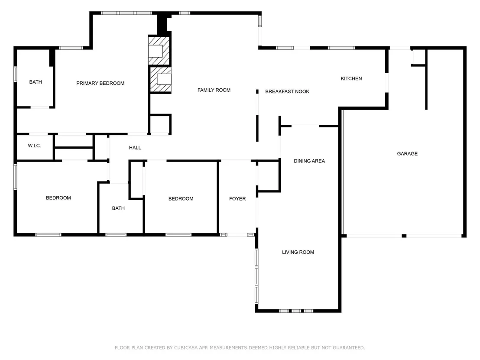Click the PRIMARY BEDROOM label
click(x=100, y=83)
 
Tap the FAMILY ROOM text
click(x=214, y=90)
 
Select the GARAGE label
click(x=407, y=154)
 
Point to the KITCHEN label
click(x=351, y=79)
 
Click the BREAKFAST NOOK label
click(x=287, y=91)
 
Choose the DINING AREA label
click(x=309, y=161)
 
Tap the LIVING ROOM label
click(x=298, y=252)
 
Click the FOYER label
click(x=237, y=199)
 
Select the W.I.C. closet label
click(x=34, y=146)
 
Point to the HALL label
click(x=135, y=148)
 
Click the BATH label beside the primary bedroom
click(x=36, y=82)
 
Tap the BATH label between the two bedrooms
click(x=118, y=208)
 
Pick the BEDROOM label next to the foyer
click(x=181, y=199)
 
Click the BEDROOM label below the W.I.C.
click(x=58, y=198)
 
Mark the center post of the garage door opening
click(x=404, y=236)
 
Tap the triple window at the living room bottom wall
click(x=296, y=311)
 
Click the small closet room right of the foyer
click(x=269, y=176)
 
